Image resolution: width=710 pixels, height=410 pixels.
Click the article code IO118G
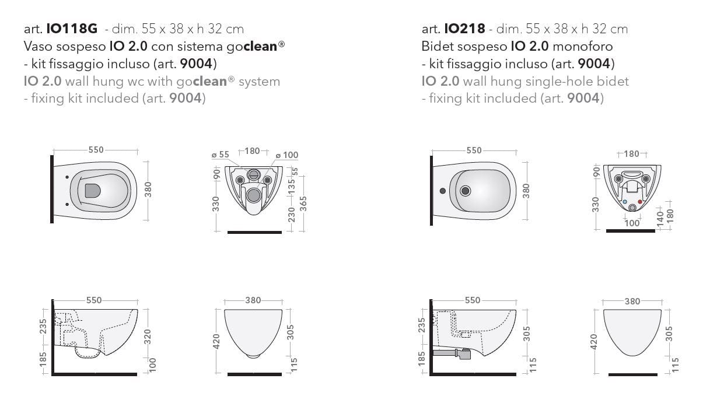(72, 29)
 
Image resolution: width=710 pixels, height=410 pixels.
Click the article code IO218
(464, 29)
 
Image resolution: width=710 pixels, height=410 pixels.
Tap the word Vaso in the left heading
(38, 46)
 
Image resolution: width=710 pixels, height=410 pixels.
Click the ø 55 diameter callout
(221, 155)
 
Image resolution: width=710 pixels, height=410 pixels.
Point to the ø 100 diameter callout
(287, 155)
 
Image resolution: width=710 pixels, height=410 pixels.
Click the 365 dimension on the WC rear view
(303, 204)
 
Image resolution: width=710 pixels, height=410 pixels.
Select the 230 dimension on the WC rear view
(292, 214)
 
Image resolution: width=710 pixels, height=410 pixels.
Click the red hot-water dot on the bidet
(640, 202)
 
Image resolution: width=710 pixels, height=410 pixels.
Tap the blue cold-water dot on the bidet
(625, 202)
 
